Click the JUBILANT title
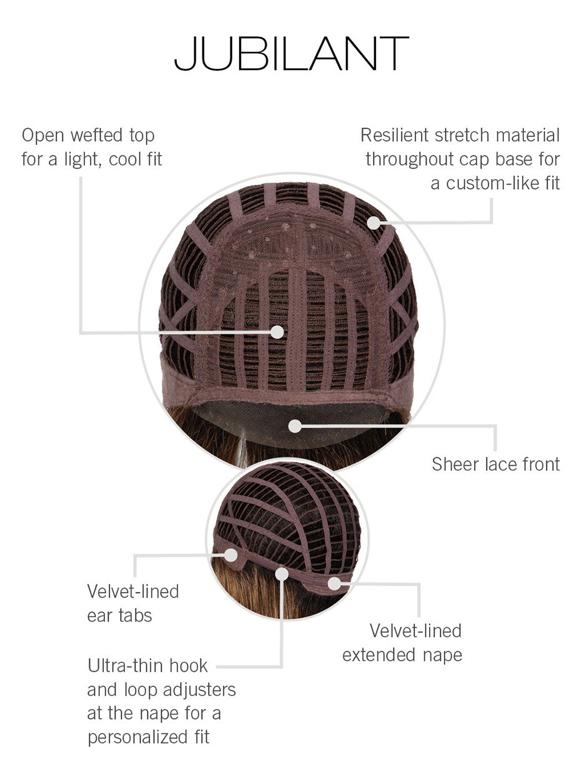pos(291,54)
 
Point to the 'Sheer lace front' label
pos(496,464)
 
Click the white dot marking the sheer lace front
pos(295,426)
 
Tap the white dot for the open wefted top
pos(277,332)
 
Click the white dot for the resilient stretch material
pos(373,222)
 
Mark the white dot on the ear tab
pos(231,554)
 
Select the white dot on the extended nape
pos(335,583)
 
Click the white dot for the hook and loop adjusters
pos(282,574)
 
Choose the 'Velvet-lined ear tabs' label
pos(133,603)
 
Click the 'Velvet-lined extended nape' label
pos(403,642)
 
